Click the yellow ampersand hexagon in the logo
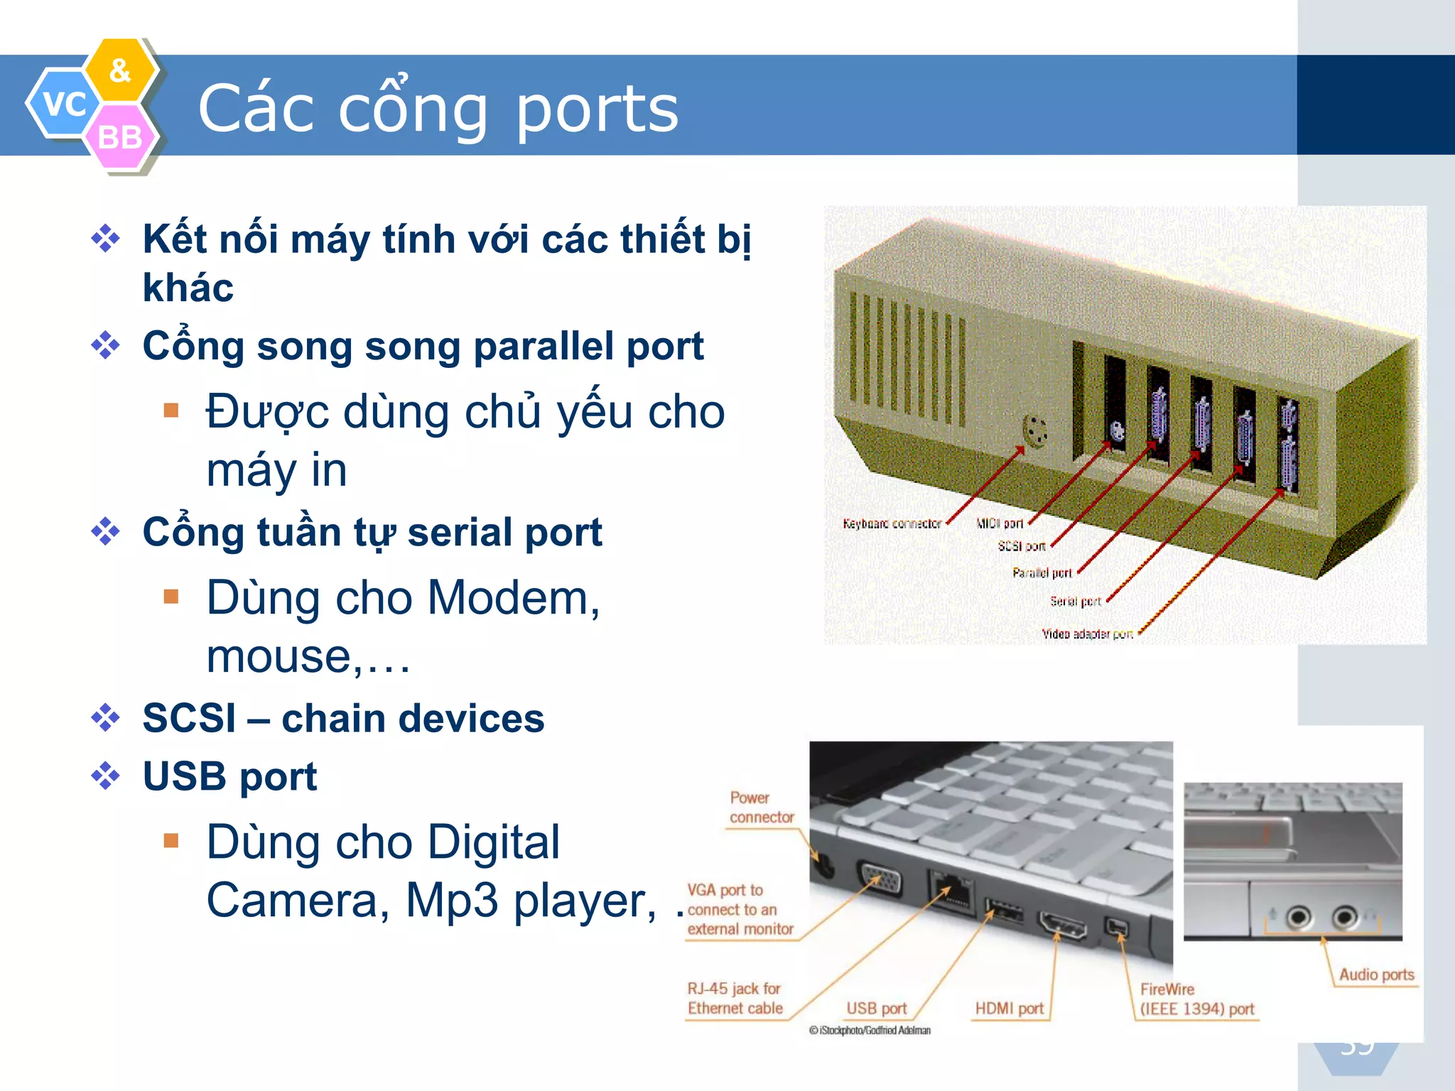click(120, 70)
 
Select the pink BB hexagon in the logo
click(119, 137)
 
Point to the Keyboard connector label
click(892, 523)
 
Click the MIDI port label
click(1000, 523)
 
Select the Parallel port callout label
click(1042, 572)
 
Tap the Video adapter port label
click(1087, 634)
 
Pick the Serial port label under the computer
click(1076, 601)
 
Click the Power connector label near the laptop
click(761, 808)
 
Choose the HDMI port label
click(1009, 1009)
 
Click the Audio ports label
click(1376, 975)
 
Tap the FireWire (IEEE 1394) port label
click(1197, 999)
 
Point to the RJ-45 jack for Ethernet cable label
click(735, 998)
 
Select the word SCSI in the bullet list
click(189, 718)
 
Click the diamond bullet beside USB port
click(106, 776)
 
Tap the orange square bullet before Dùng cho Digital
click(171, 841)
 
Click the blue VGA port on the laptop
click(880, 881)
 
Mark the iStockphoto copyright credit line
click(870, 1031)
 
